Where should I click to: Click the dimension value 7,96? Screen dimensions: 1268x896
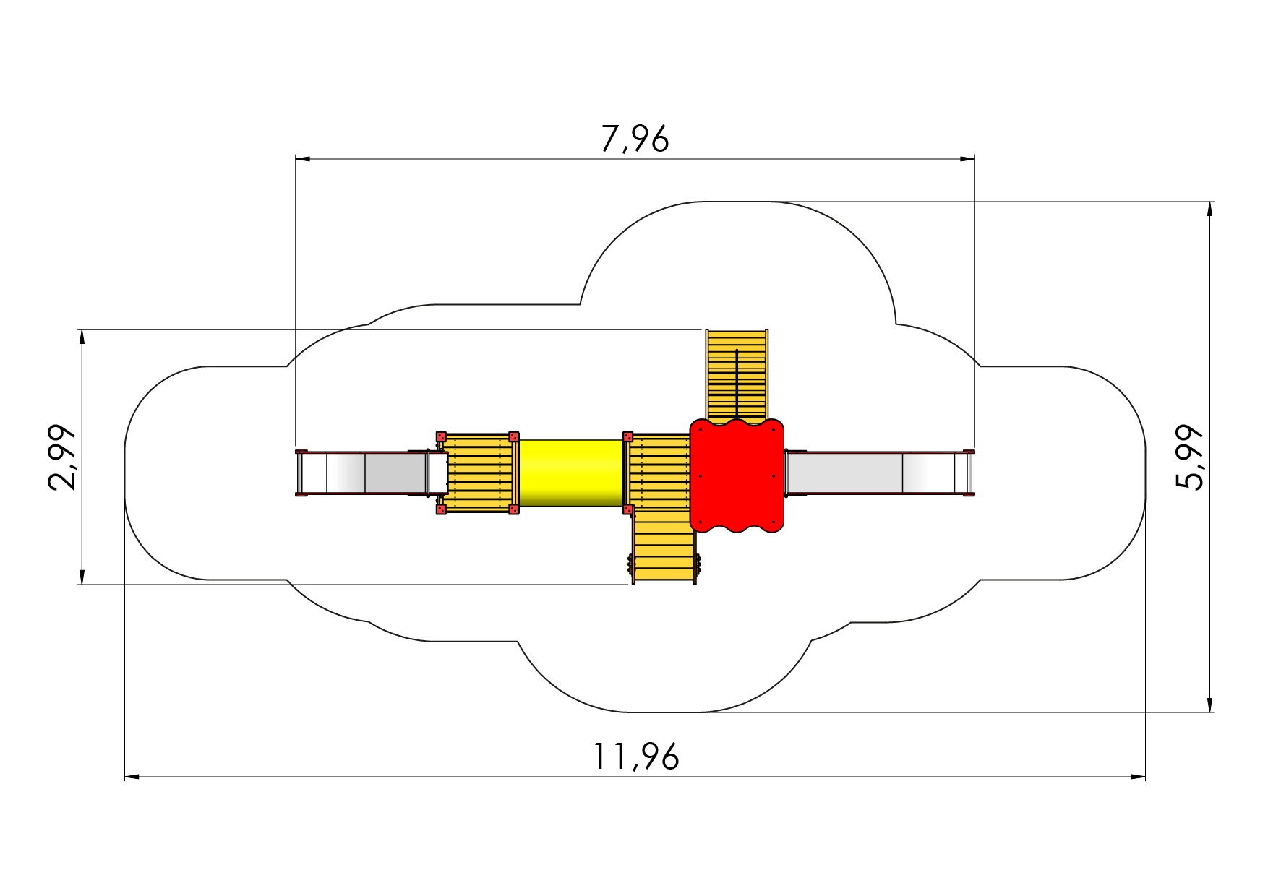[635, 139]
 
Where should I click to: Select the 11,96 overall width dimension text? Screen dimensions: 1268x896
[636, 757]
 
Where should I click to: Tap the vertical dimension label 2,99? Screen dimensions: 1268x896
[62, 457]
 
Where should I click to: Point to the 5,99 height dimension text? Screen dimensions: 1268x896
[1190, 457]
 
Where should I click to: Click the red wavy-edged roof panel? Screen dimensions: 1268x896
[737, 475]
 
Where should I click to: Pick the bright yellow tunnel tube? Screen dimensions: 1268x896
[571, 473]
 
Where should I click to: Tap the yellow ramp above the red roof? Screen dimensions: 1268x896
[737, 376]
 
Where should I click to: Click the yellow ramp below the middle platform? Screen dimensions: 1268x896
[664, 546]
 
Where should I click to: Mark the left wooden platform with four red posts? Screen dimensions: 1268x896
[477, 473]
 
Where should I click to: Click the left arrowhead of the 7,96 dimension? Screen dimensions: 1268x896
[303, 158]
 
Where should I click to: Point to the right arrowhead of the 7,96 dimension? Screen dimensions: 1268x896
[967, 158]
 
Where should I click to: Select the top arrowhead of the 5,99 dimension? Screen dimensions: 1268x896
[1210, 209]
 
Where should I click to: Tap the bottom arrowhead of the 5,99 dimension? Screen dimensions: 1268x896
[1210, 705]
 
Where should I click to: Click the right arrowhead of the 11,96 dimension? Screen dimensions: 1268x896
[1138, 777]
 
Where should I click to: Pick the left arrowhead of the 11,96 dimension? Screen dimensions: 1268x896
[132, 777]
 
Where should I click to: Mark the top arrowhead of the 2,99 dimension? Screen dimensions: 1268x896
[82, 337]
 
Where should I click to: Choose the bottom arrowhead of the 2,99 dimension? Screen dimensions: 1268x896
[82, 577]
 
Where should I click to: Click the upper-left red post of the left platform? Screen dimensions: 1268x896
[441, 436]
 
